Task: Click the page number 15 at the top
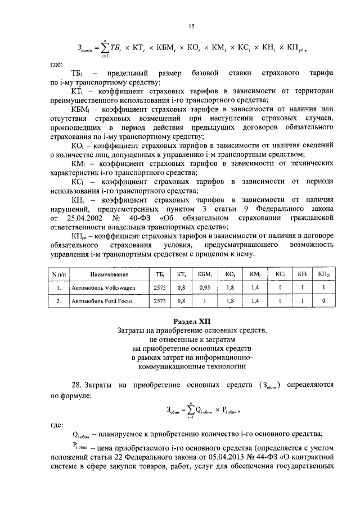191,27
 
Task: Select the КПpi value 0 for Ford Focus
322,301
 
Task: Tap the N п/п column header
58,274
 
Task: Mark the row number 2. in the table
58,301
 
